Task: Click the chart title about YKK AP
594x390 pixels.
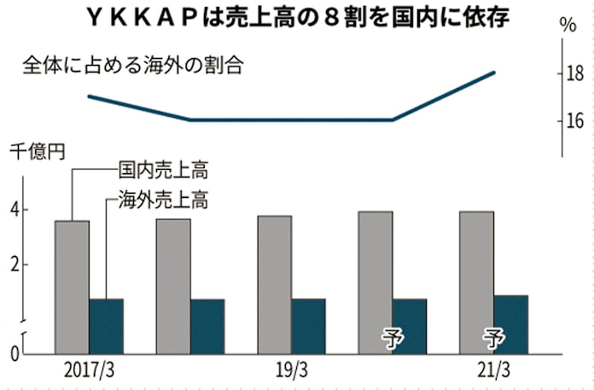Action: tap(295, 15)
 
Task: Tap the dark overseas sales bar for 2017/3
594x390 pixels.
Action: tap(106, 324)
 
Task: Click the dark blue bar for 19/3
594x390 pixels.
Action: tap(308, 324)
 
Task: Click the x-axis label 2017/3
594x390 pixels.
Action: tap(88, 371)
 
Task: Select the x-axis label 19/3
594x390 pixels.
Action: tap(291, 371)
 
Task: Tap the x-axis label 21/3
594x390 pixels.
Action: tap(493, 371)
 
